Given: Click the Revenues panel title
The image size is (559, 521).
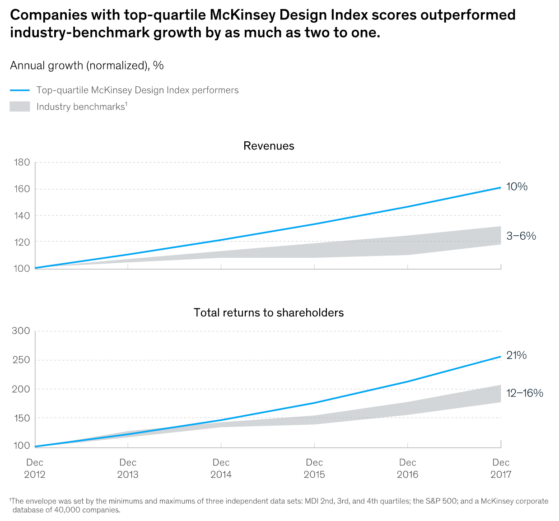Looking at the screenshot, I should (x=269, y=146).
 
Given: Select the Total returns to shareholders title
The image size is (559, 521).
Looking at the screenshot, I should (x=269, y=312).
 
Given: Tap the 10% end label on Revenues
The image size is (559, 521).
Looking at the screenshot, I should (x=517, y=186).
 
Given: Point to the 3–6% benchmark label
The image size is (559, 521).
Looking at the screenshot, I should (x=521, y=236).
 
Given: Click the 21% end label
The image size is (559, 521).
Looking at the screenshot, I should (x=517, y=355).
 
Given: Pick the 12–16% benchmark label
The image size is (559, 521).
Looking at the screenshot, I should (x=524, y=393).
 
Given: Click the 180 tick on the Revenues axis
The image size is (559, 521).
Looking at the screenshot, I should (x=22, y=162).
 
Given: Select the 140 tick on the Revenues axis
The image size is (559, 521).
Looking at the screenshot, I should (x=22, y=215).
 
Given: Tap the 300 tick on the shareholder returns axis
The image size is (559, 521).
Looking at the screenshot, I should (x=21, y=331).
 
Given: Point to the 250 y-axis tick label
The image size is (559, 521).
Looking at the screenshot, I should (x=21, y=360).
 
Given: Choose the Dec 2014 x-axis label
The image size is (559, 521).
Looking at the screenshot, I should (x=221, y=468).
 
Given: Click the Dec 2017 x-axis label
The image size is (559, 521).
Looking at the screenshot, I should (x=501, y=468).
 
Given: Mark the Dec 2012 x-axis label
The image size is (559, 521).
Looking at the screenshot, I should (x=35, y=468).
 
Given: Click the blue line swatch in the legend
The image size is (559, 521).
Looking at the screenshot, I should (x=20, y=90).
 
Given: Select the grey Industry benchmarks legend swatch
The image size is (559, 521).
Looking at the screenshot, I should (x=20, y=107).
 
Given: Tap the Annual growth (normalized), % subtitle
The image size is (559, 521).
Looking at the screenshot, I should (x=87, y=65).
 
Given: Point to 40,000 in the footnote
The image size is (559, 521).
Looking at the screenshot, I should (x=57, y=510).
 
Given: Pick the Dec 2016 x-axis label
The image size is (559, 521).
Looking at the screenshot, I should (x=408, y=468).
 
